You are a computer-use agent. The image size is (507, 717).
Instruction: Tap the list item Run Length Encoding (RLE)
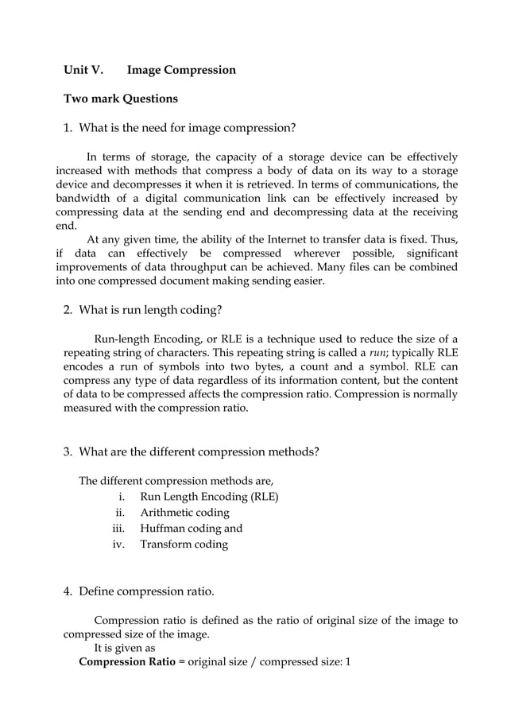point(209,498)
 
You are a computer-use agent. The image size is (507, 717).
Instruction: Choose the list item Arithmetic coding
point(184,514)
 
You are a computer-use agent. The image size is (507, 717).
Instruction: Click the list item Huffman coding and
point(191,529)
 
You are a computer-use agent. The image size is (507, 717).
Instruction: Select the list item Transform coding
point(184,545)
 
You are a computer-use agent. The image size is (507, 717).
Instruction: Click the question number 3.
point(68,452)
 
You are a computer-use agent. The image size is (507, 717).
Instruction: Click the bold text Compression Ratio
point(126,662)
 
